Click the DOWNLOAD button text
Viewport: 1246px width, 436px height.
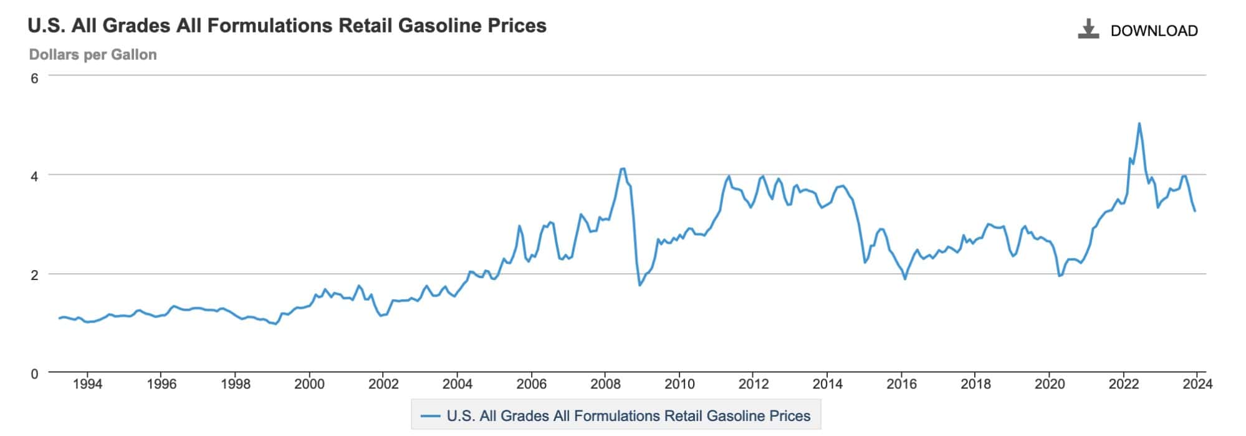click(1154, 31)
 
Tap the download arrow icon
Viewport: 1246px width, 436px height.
click(1088, 29)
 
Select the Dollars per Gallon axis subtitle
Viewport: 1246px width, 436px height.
click(93, 55)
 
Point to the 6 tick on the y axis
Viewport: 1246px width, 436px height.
click(34, 78)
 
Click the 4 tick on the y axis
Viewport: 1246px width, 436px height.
click(34, 176)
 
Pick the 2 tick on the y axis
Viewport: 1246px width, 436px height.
click(34, 274)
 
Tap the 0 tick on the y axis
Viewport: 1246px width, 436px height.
click(34, 374)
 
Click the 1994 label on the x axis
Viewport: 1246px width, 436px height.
click(87, 384)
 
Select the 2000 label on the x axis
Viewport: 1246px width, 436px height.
click(309, 384)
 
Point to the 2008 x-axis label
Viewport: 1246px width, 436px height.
click(605, 384)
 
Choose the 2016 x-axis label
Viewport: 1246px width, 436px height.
click(901, 384)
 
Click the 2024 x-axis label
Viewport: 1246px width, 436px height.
click(1197, 384)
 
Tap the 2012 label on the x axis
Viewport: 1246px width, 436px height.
click(754, 384)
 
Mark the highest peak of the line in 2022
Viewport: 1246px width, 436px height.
click(1139, 124)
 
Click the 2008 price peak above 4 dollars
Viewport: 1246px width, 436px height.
click(623, 168)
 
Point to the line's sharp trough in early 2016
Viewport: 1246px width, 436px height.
click(904, 278)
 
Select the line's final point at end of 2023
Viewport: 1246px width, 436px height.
click(1195, 211)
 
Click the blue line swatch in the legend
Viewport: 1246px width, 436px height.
click(431, 416)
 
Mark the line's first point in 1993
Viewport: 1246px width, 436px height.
click(59, 318)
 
